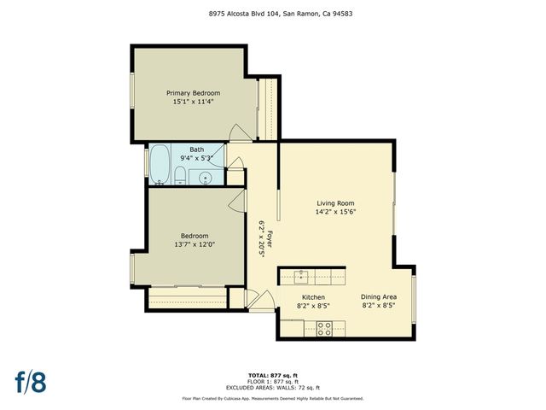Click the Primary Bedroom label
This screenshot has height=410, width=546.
click(193, 92)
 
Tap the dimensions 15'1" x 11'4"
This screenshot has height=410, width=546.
click(193, 101)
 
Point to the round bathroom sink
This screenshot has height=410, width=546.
click(205, 178)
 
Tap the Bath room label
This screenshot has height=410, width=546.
click(196, 149)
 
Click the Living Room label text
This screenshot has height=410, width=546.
click(335, 202)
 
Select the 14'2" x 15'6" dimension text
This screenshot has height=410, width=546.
click(335, 211)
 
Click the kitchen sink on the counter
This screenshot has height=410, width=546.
click(301, 275)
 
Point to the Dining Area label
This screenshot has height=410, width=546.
click(378, 296)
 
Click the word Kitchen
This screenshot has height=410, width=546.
click(313, 296)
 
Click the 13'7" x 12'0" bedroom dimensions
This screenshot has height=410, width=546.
click(194, 244)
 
